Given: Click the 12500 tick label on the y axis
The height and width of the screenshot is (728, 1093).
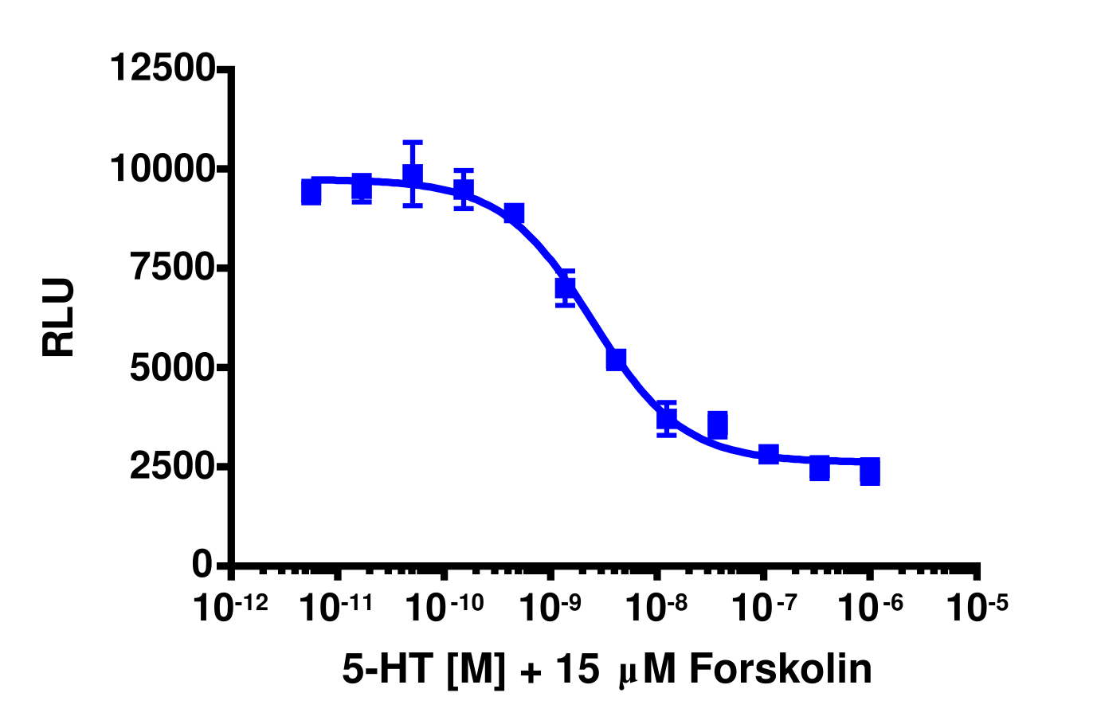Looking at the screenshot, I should (162, 68).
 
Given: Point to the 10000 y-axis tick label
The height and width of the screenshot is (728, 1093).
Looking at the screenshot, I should (162, 168).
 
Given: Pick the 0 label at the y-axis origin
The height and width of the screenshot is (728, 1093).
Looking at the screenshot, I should (202, 565).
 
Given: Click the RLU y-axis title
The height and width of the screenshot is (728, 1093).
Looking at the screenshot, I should (59, 316).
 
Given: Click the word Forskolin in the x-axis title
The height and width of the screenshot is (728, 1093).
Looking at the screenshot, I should (780, 669).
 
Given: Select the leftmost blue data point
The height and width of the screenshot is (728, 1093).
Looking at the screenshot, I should (311, 192).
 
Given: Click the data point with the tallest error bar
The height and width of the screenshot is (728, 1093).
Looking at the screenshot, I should (413, 174).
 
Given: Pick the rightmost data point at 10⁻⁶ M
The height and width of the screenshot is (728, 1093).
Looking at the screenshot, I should (870, 472).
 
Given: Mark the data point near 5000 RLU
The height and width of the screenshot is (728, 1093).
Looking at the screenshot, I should (616, 359).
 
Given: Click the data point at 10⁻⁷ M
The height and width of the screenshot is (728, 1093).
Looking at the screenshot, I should (768, 454).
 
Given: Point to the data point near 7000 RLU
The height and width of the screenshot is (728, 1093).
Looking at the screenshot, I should (566, 288).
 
